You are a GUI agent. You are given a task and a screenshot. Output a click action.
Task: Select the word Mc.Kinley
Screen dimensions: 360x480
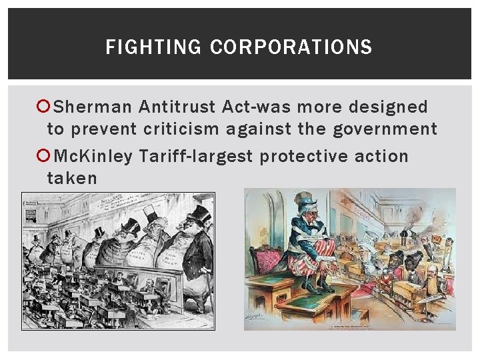coord(93,156)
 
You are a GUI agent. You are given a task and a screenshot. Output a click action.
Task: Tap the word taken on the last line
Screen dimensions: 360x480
coord(72,178)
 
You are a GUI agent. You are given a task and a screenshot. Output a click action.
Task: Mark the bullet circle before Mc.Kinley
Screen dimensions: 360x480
coord(43,156)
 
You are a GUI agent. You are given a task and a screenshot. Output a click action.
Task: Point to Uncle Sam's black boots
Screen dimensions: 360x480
coord(318,285)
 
